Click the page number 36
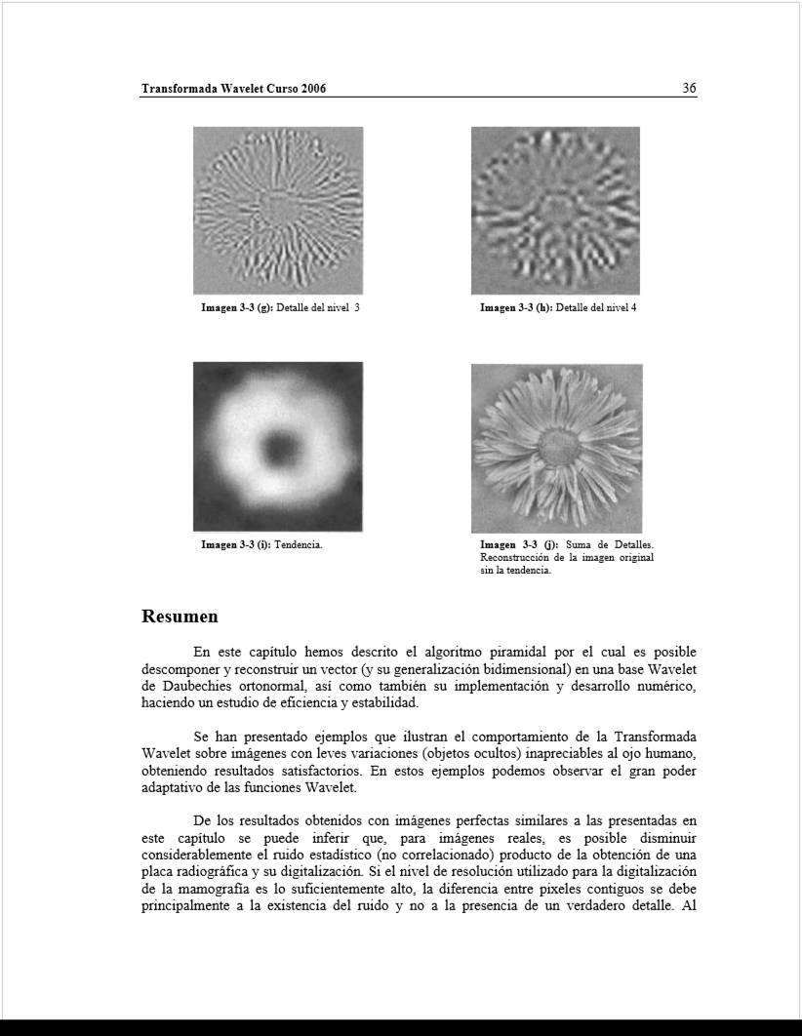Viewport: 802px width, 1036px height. pyautogui.click(x=689, y=88)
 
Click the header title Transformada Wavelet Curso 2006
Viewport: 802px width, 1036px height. pyautogui.click(x=233, y=89)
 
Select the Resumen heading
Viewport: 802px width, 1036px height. pyautogui.click(x=180, y=617)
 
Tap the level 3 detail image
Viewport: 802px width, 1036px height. pyautogui.click(x=278, y=210)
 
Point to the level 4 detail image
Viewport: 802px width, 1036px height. pyautogui.click(x=555, y=210)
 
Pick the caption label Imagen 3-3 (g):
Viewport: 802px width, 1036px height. pyautogui.click(x=237, y=308)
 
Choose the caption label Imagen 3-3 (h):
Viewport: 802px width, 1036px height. pyautogui.click(x=516, y=308)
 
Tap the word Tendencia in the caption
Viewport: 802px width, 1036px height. pyautogui.click(x=300, y=544)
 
